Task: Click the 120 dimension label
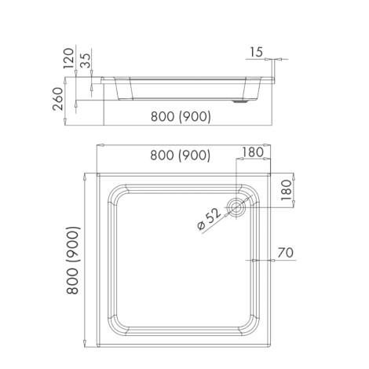coord(68,58)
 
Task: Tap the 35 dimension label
coord(86,60)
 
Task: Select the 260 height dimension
coord(58,99)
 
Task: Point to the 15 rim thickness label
coord(256,52)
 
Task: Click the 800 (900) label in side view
coord(181,116)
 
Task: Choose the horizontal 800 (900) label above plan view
coord(181,155)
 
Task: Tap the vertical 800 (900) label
coord(73,261)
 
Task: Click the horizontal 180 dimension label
coord(252,152)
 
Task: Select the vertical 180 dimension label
coord(287,190)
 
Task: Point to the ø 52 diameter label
coord(209,219)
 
